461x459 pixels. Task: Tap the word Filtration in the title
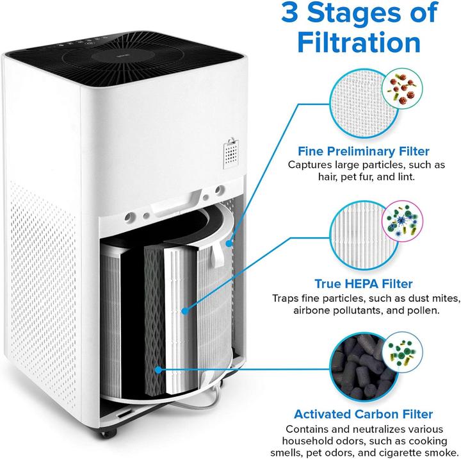355,42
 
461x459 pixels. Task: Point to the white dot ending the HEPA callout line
184,310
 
